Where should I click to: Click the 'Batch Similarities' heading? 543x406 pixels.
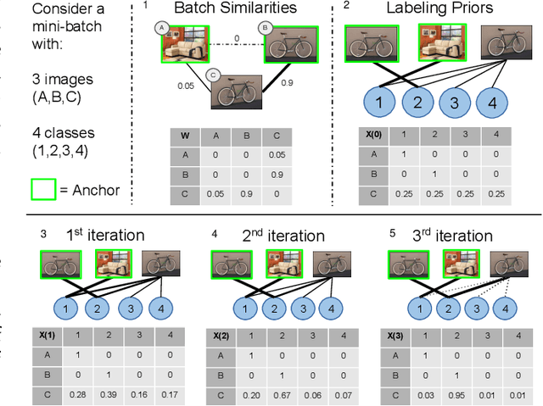pyautogui.click(x=224, y=9)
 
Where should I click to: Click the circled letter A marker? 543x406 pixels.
pyautogui.click(x=160, y=28)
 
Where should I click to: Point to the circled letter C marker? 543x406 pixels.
pyautogui.click(x=215, y=75)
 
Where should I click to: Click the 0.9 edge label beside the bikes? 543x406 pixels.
pyautogui.click(x=287, y=84)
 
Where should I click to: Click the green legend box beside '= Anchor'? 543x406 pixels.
pyautogui.click(x=45, y=190)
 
